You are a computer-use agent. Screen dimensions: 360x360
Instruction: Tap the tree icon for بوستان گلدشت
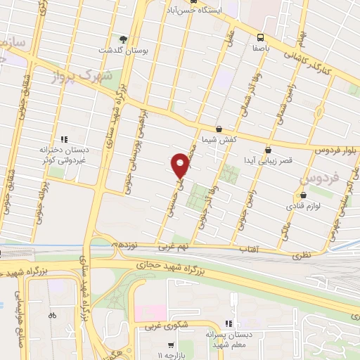tap(124, 39)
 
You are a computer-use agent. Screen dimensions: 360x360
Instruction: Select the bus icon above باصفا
tap(261, 37)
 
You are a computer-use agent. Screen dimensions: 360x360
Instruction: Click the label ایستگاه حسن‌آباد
tap(207, 12)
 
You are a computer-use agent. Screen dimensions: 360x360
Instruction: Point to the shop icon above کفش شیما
tap(218, 129)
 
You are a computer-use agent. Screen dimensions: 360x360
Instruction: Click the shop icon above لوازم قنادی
tap(303, 195)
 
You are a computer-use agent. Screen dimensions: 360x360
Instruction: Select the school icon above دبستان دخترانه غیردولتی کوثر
tap(64, 139)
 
